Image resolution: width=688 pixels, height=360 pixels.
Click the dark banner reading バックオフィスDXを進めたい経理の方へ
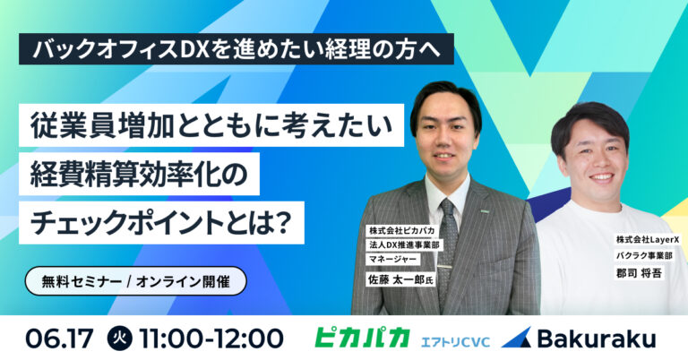236,49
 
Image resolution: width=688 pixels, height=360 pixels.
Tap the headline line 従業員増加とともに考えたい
211,125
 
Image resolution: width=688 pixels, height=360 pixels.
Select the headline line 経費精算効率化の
139,174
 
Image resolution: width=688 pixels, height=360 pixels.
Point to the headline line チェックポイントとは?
161,222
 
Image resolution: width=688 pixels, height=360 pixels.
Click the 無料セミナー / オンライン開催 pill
135,281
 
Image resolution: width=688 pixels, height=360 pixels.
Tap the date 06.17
60,339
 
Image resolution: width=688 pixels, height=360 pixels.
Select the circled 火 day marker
117,339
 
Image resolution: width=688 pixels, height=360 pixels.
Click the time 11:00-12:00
211,339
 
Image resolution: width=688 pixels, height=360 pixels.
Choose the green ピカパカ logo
362,338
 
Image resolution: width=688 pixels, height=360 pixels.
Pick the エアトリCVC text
455,341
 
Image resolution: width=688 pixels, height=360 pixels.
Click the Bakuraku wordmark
597,339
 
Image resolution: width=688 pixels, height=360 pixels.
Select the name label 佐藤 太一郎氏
400,279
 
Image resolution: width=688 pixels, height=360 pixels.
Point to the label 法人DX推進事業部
404,244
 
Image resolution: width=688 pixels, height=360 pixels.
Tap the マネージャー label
393,259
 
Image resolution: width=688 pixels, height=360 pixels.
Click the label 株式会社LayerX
647,240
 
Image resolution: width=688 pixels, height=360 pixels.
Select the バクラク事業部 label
644,255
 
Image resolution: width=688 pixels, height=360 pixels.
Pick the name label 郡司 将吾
639,273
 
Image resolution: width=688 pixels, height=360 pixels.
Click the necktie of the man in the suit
448,245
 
